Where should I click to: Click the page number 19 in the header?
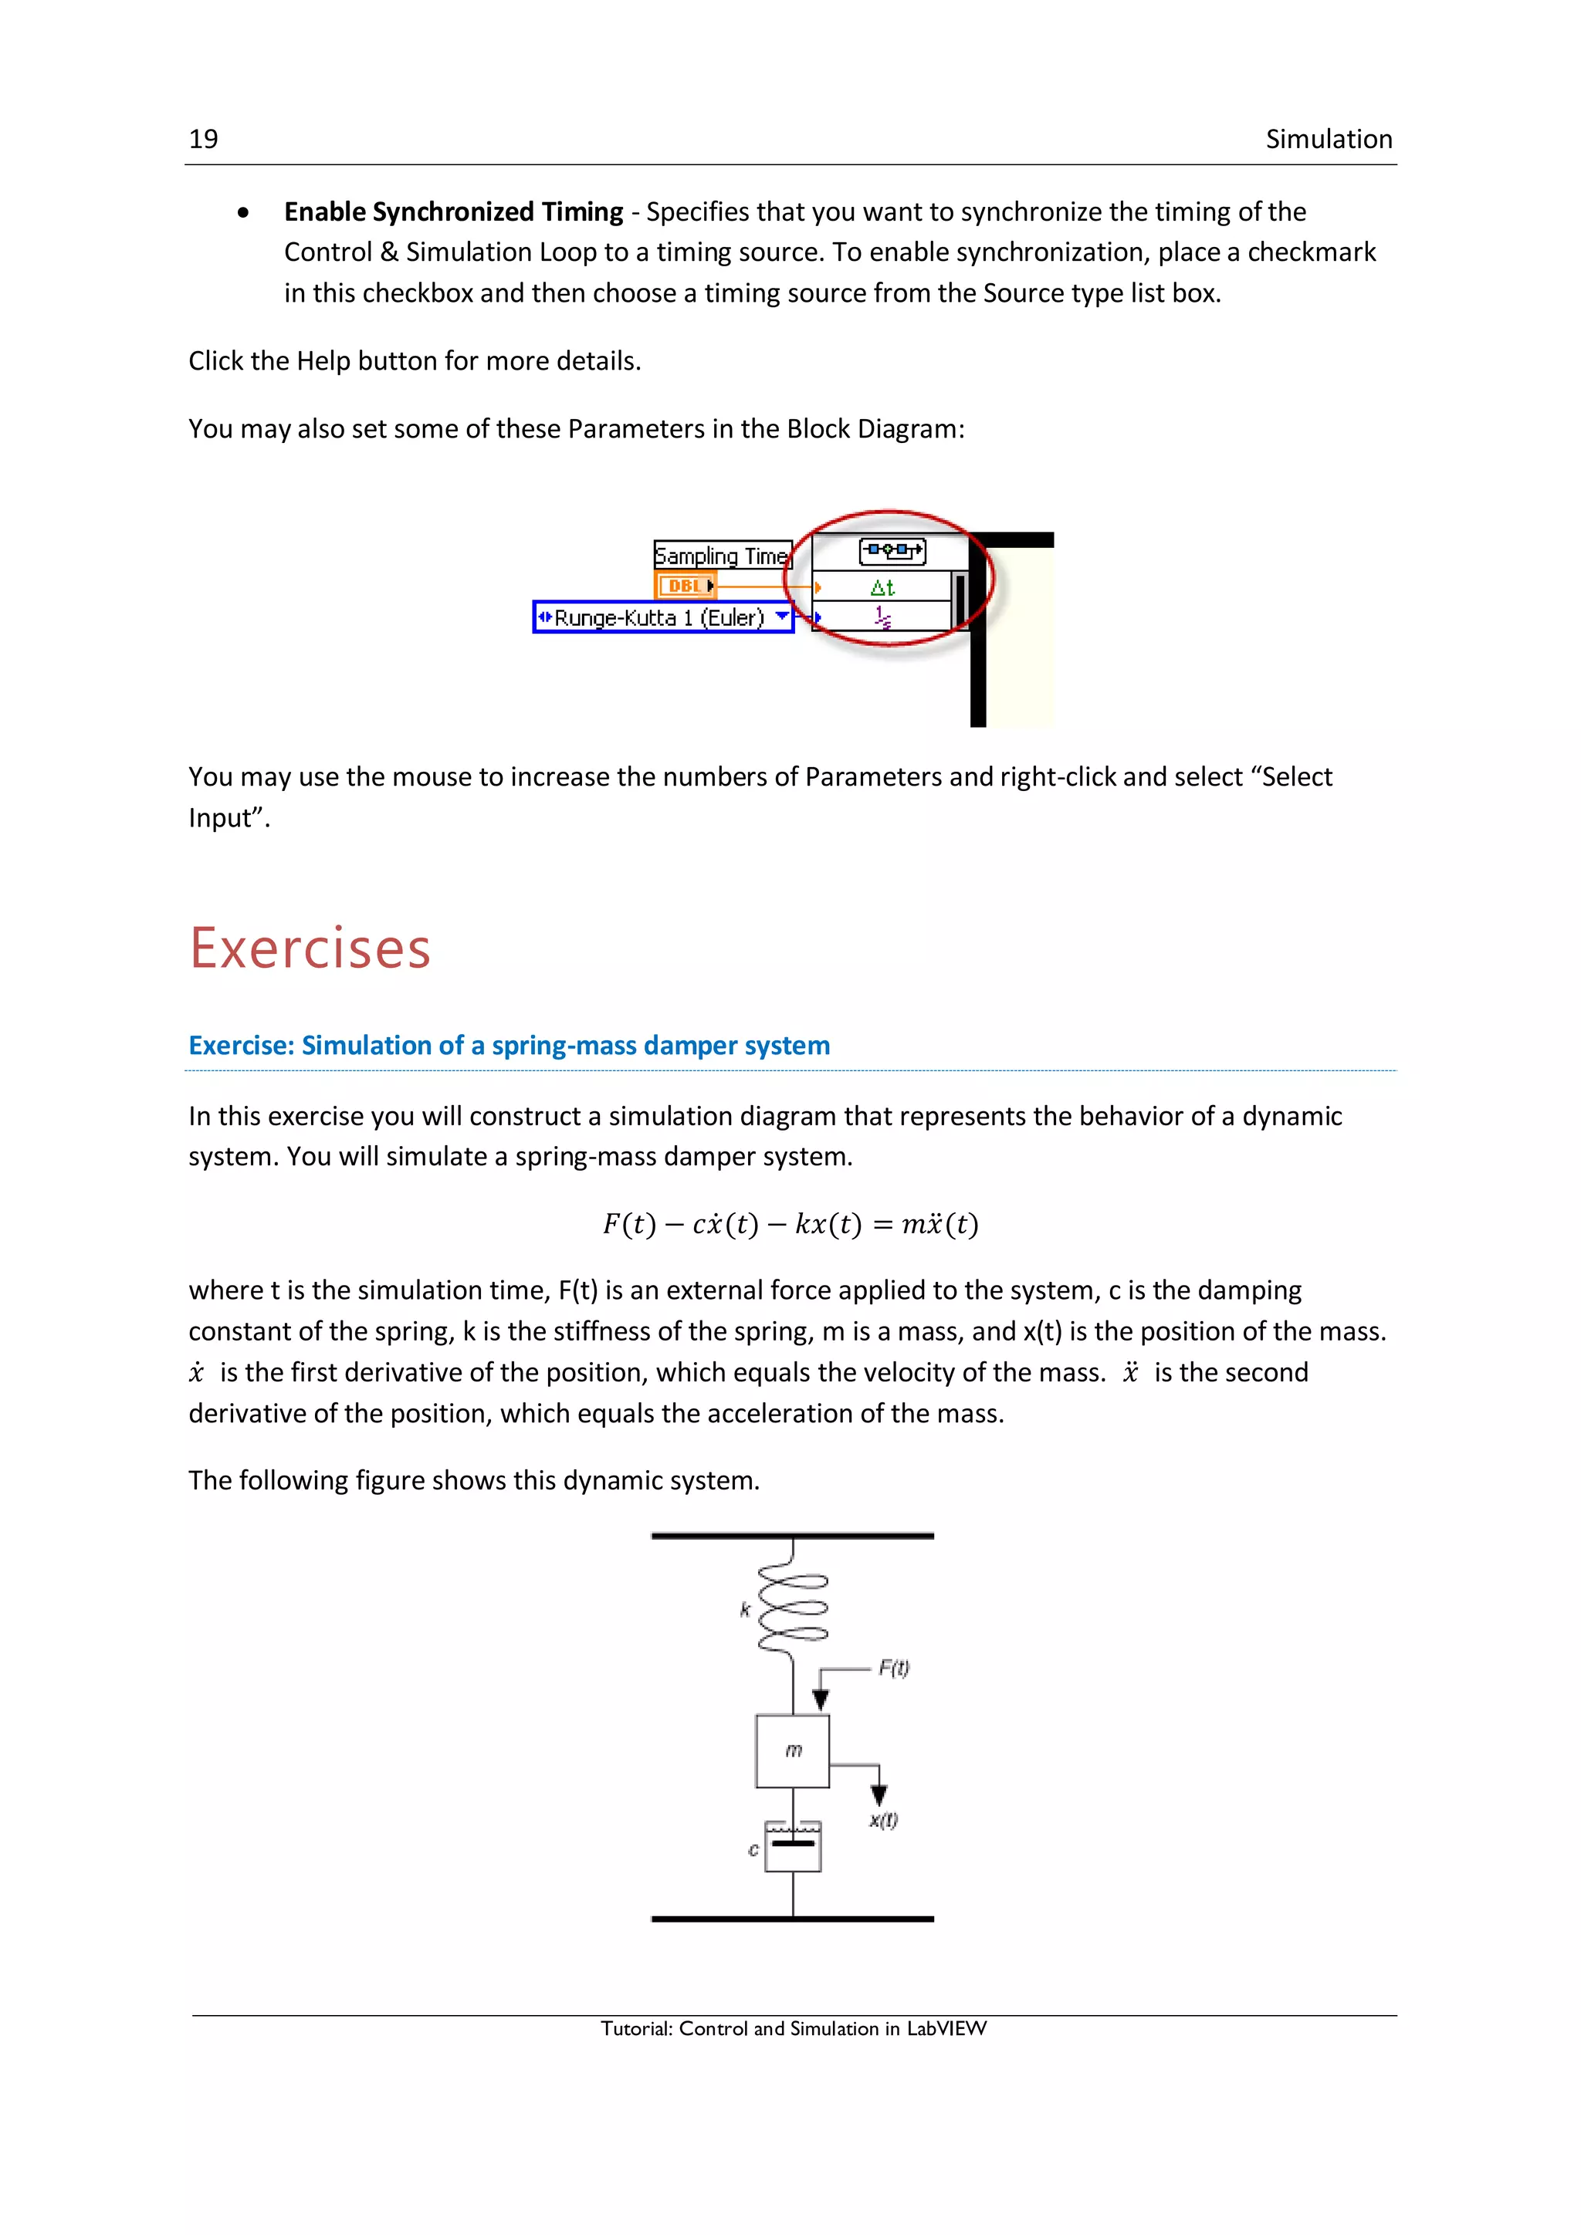pos(204,139)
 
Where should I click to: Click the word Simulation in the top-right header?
pos(1328,139)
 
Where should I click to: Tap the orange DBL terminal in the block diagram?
pos(686,586)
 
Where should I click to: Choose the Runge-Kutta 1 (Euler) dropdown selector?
pos(663,617)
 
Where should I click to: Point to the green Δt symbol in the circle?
pos(882,587)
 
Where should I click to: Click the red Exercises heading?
pos(310,948)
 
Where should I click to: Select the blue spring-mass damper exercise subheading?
pos(508,1046)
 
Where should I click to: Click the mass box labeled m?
pos(793,1751)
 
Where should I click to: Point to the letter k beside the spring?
pos(745,1610)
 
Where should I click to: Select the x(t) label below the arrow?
pos(883,1821)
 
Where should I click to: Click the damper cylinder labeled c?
pos(793,1848)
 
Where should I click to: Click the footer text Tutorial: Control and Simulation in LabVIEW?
pos(793,2029)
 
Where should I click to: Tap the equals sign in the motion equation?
pos(882,1225)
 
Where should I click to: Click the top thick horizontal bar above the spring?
pos(793,1536)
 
